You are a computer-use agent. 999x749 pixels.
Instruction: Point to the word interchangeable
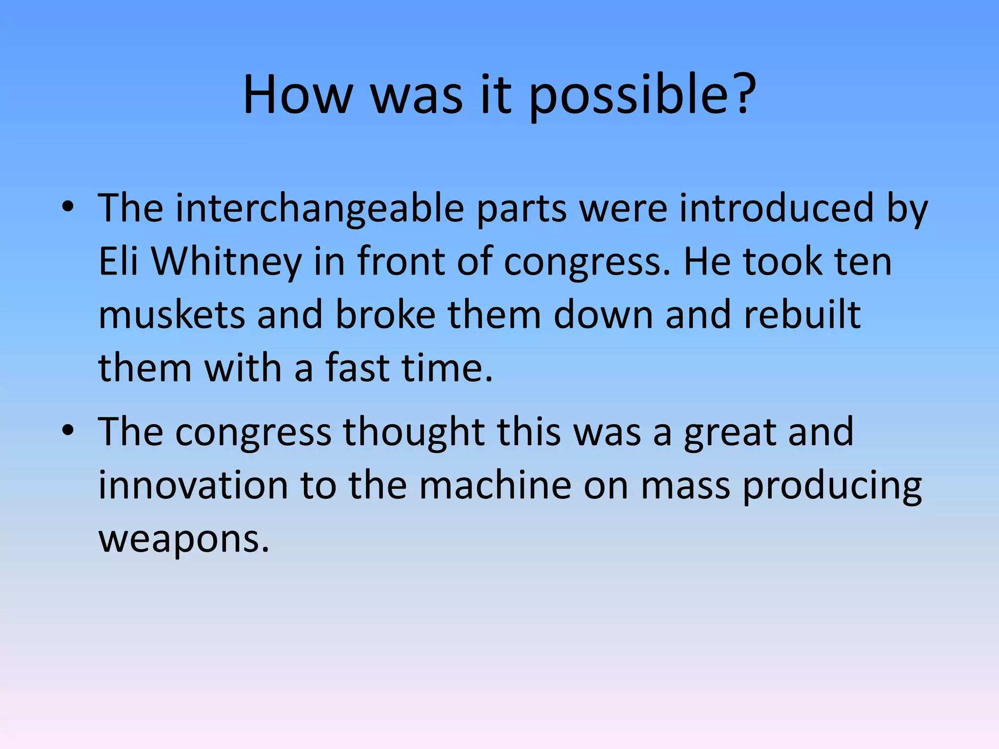(x=320, y=208)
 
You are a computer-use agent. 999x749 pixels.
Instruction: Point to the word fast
(x=358, y=368)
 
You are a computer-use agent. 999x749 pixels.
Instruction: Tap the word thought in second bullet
(x=414, y=433)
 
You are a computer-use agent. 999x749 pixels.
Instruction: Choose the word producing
(x=832, y=487)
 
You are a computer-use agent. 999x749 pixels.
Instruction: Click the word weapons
(x=184, y=540)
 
